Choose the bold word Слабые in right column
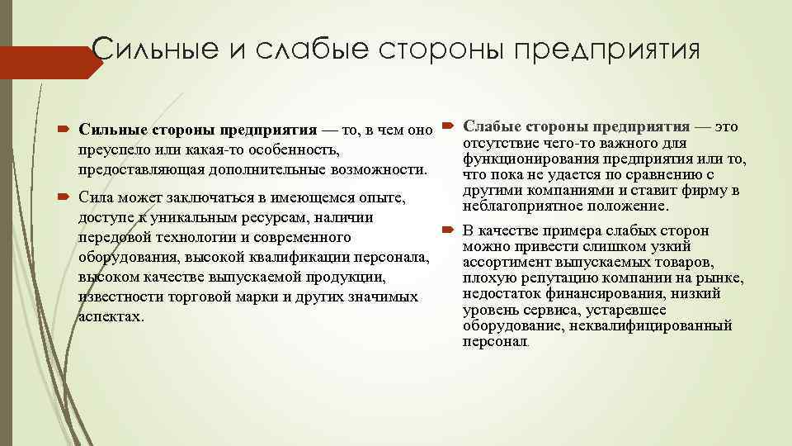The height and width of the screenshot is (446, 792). pos(492,126)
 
